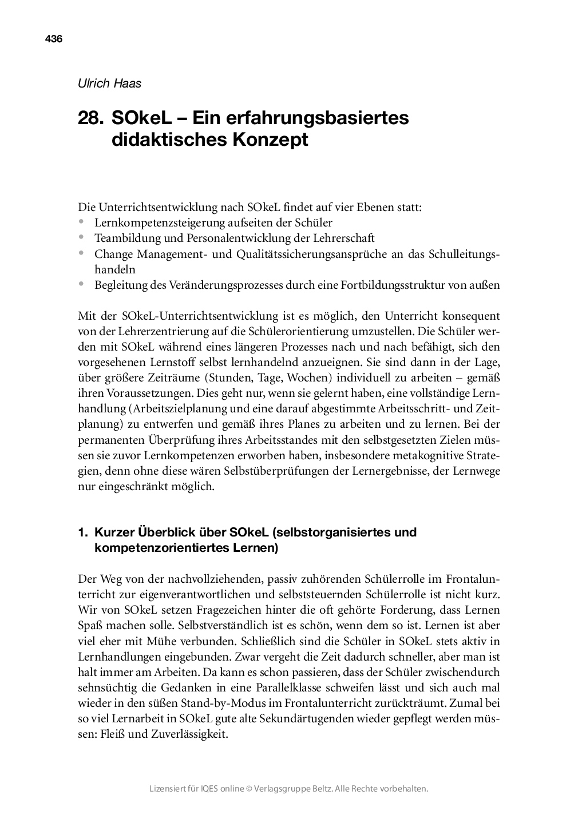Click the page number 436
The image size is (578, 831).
(x=53, y=39)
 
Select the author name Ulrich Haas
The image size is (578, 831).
(x=109, y=84)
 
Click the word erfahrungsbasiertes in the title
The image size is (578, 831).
(x=300, y=118)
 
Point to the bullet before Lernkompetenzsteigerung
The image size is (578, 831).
(x=82, y=221)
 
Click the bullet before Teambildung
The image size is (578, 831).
(x=82, y=237)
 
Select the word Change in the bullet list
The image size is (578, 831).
(x=112, y=253)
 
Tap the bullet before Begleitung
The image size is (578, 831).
(x=82, y=284)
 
